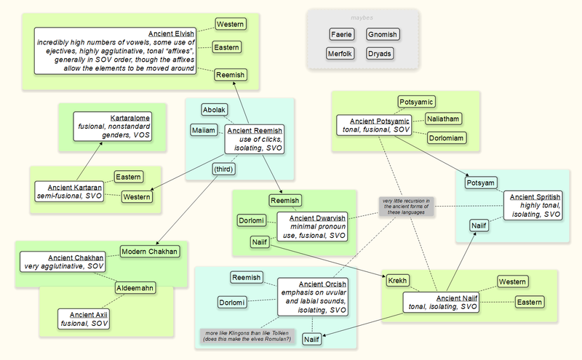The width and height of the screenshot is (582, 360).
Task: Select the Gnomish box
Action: point(382,34)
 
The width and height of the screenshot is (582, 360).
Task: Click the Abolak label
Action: point(214,110)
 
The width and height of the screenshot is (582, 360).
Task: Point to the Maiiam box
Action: point(204,130)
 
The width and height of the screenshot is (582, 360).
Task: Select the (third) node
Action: point(223,169)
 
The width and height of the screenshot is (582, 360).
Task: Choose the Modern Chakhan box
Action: point(148,251)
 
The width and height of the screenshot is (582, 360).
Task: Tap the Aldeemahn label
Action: point(135,288)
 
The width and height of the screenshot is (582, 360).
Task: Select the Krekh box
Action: point(398,281)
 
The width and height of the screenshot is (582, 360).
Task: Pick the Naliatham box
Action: point(444,119)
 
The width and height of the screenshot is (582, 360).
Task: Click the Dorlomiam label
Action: point(446,137)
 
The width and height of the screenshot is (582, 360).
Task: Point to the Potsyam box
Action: point(481,183)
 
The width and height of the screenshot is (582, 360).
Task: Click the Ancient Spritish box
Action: point(534,206)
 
